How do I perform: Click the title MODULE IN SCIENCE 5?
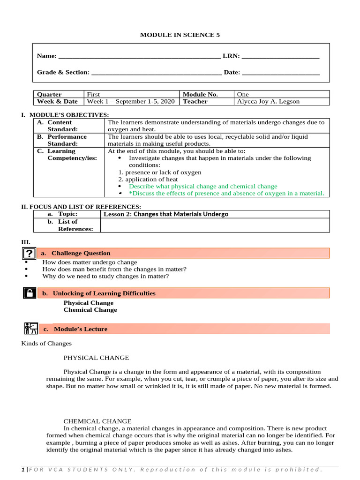click(x=180, y=35)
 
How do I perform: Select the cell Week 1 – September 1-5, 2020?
click(x=131, y=101)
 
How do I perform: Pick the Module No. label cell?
click(x=200, y=94)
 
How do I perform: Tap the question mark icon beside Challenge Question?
click(x=29, y=254)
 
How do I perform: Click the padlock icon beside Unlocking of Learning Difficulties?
click(x=29, y=293)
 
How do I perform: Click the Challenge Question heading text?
click(x=81, y=253)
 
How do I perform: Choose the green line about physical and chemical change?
click(x=202, y=186)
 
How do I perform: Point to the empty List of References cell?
click(x=215, y=225)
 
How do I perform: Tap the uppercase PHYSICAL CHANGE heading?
click(x=96, y=358)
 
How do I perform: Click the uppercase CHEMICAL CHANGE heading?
click(x=97, y=421)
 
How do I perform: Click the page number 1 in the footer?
click(x=23, y=470)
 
